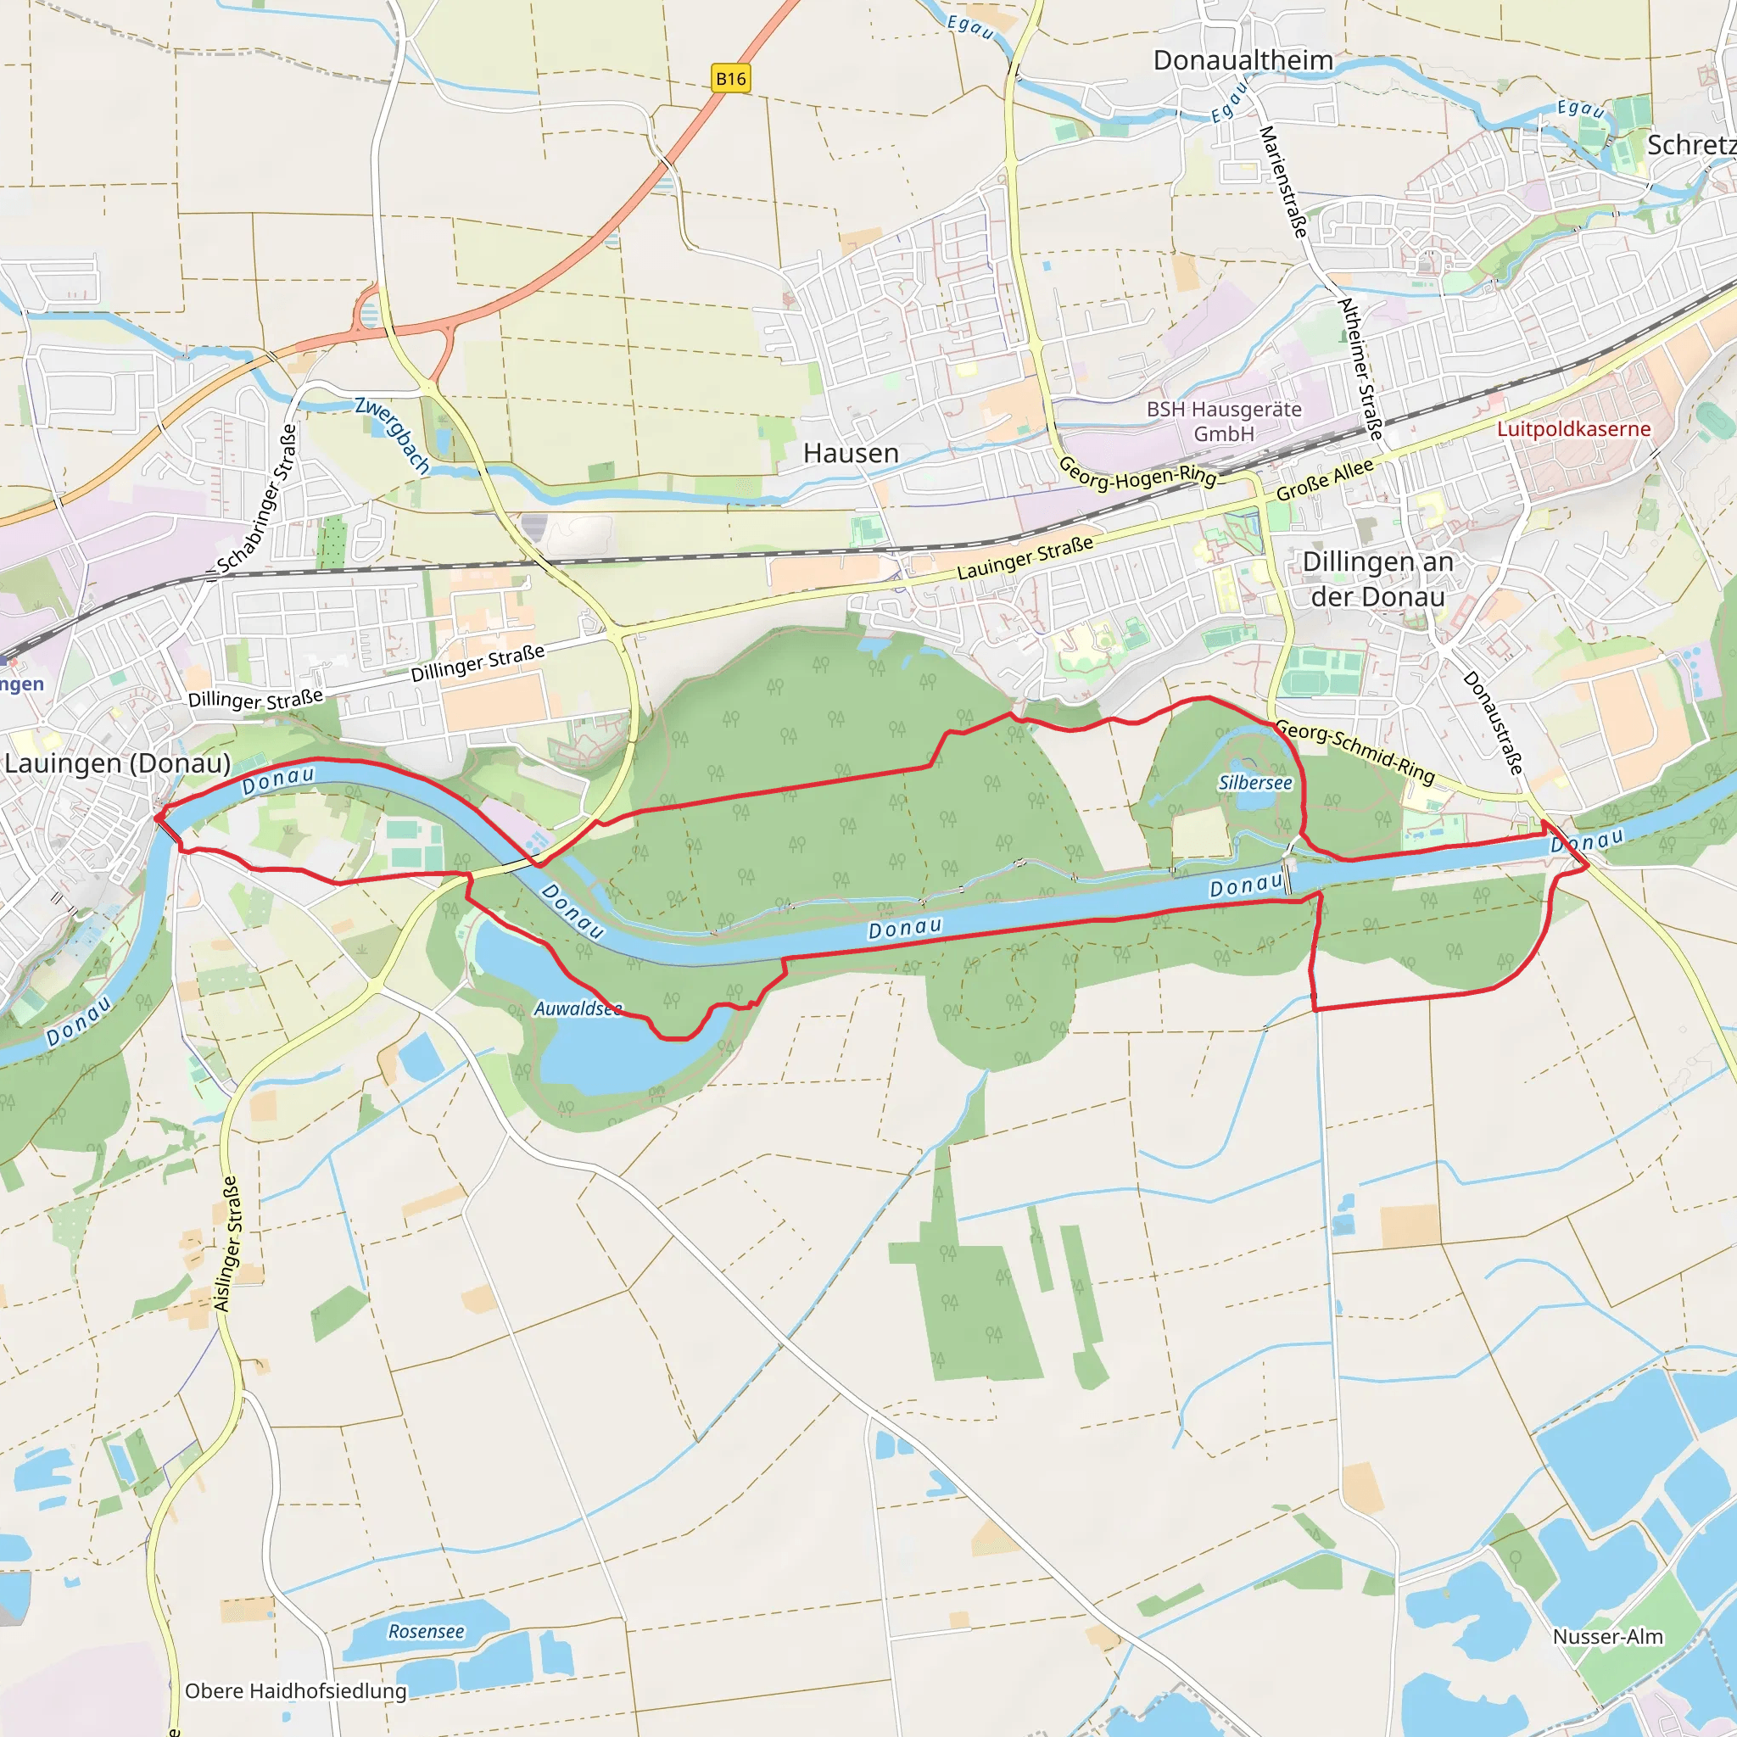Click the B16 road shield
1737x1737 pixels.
pyautogui.click(x=730, y=78)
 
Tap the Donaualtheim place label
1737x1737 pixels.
pyautogui.click(x=1243, y=60)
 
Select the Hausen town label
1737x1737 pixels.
pyautogui.click(x=851, y=453)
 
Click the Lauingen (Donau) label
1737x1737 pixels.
pyautogui.click(x=118, y=763)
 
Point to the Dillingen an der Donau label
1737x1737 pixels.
pyautogui.click(x=1377, y=579)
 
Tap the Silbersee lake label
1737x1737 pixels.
pyautogui.click(x=1255, y=783)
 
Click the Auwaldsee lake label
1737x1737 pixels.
pyautogui.click(x=578, y=1008)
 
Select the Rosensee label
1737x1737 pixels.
pyautogui.click(x=426, y=1632)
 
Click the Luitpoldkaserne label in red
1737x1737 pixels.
pyautogui.click(x=1573, y=429)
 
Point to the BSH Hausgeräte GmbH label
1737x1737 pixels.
pyautogui.click(x=1224, y=421)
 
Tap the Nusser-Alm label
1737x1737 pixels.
pyautogui.click(x=1607, y=1636)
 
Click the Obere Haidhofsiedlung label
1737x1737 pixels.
pyautogui.click(x=296, y=1691)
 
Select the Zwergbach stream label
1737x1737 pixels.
pyautogui.click(x=393, y=435)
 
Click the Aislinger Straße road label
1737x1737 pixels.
pyautogui.click(x=226, y=1244)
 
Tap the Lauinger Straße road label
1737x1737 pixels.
pyautogui.click(x=1025, y=557)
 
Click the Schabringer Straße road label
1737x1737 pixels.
pyautogui.click(x=258, y=500)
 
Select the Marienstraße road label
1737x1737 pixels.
pyautogui.click(x=1283, y=182)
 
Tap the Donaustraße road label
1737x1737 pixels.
pyautogui.click(x=1494, y=723)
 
